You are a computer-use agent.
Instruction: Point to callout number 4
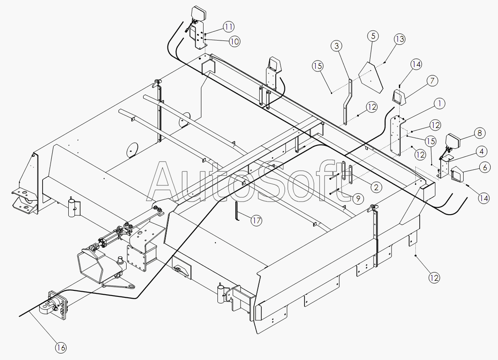481,151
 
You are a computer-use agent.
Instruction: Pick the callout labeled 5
373,36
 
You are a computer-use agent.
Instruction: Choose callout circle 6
485,167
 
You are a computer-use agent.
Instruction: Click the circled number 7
432,81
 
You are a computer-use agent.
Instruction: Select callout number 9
358,199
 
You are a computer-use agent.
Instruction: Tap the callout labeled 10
234,41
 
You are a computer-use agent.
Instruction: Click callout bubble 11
229,27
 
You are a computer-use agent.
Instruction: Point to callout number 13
399,39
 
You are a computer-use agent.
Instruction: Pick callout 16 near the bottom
61,347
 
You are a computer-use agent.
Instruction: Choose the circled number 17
257,221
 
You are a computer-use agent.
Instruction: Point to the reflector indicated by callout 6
458,174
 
